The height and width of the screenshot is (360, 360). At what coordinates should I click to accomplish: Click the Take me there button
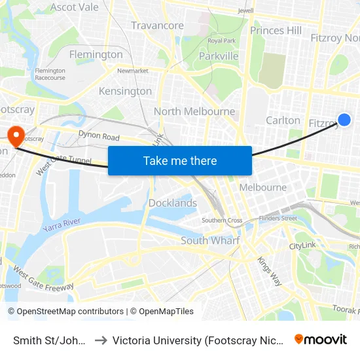pyautogui.click(x=180, y=160)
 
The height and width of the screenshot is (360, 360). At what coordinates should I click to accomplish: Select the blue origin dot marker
pyautogui.click(x=344, y=120)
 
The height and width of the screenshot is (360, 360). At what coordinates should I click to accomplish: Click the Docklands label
pyautogui.click(x=173, y=203)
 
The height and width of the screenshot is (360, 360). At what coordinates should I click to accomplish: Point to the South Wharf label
pyautogui.click(x=210, y=240)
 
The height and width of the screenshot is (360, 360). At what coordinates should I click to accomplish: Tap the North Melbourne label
pyautogui.click(x=194, y=111)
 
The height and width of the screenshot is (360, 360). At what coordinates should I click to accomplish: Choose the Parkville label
pyautogui.click(x=219, y=56)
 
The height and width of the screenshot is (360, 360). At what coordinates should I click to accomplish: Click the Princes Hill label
pyautogui.click(x=276, y=30)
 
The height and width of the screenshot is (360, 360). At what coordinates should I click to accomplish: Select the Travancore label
pyautogui.click(x=157, y=26)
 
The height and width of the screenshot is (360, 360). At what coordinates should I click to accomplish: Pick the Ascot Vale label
pyautogui.click(x=75, y=7)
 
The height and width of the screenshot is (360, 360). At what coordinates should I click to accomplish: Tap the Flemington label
pyautogui.click(x=96, y=54)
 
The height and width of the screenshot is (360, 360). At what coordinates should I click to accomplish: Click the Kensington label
pyautogui.click(x=125, y=91)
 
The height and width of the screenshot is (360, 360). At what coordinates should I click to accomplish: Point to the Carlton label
pyautogui.click(x=283, y=120)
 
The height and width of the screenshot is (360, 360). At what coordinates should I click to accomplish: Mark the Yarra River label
pyautogui.click(x=62, y=225)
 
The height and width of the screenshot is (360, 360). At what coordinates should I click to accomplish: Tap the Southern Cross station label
pyautogui.click(x=222, y=220)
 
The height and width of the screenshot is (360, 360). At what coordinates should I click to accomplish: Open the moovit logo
pyautogui.click(x=321, y=339)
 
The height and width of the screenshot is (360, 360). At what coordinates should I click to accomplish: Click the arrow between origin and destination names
pyautogui.click(x=101, y=340)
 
